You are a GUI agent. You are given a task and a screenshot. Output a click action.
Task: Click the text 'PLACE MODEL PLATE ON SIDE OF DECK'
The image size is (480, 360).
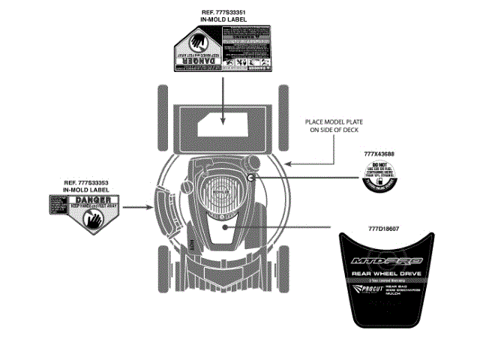point(334,125)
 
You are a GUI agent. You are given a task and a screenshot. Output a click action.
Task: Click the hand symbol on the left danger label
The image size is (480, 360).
point(94,220)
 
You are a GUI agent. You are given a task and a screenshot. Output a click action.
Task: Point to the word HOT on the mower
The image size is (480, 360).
point(193,244)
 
